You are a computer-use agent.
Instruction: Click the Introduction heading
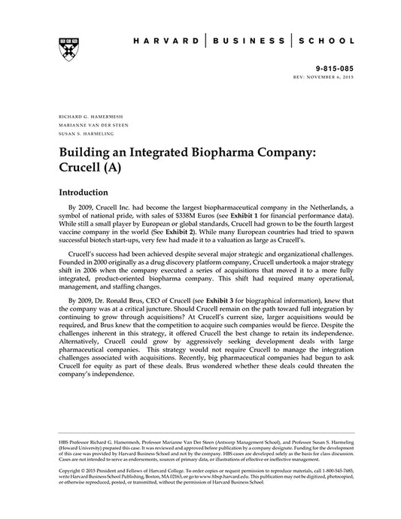(x=90, y=193)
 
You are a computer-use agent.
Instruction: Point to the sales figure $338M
(x=206, y=217)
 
